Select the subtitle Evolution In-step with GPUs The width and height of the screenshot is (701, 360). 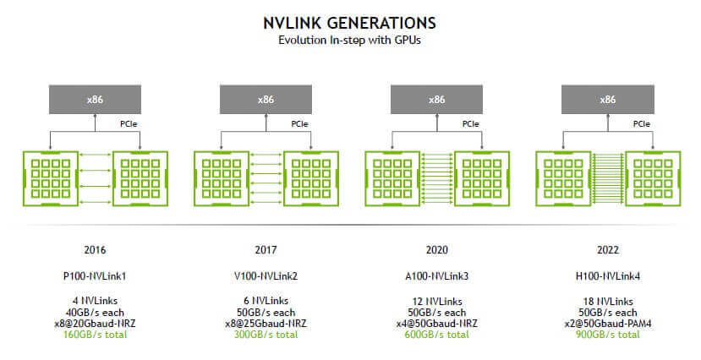point(350,40)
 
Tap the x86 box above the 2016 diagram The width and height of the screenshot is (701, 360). point(94,100)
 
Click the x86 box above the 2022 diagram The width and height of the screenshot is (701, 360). point(607,100)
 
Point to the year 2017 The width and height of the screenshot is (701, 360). point(266,250)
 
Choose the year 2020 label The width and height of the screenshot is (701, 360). point(436,250)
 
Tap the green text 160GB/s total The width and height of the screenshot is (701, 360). point(95,335)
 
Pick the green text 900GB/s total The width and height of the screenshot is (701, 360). point(607,335)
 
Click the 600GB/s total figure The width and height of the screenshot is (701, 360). point(436,335)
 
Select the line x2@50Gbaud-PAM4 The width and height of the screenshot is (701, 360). point(607,323)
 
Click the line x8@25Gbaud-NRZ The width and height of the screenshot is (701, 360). point(266,323)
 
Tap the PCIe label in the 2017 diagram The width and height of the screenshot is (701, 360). point(299,123)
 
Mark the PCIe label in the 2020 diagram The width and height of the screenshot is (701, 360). point(470,123)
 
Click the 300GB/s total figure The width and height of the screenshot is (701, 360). point(266,335)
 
